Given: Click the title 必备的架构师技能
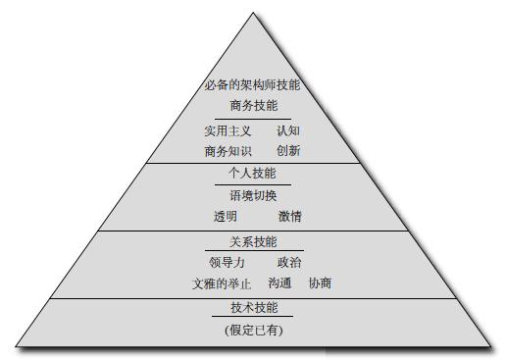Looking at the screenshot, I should (x=253, y=85).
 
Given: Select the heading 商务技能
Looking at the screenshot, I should (x=253, y=106).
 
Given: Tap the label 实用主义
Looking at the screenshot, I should (x=228, y=130).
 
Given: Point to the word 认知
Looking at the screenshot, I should (x=288, y=130).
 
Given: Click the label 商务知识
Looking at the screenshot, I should (x=228, y=151).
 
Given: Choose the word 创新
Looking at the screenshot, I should (x=288, y=151).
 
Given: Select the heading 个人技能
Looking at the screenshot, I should (x=253, y=174).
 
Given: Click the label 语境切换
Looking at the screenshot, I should (x=253, y=195).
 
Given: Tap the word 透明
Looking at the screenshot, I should (x=226, y=216).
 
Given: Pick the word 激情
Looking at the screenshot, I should (x=289, y=216).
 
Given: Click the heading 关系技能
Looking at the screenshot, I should (x=253, y=241).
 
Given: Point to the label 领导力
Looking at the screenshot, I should (x=227, y=263).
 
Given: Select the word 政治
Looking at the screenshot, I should (x=289, y=263).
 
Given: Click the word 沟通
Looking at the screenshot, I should (x=279, y=283).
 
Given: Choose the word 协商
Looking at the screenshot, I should (x=320, y=283).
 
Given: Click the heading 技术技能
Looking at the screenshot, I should (x=253, y=308).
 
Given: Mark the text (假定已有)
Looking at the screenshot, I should (x=253, y=330).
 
